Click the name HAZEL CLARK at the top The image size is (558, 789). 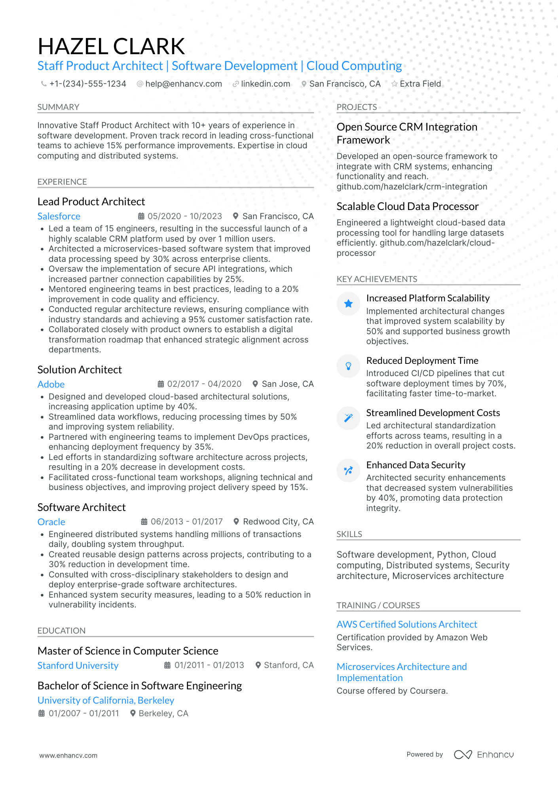tap(111, 46)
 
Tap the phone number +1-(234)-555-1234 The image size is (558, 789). tap(87, 84)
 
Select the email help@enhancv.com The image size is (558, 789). tap(183, 84)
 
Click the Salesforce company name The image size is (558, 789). tap(59, 216)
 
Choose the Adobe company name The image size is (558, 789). tap(51, 384)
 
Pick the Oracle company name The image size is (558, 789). tap(51, 522)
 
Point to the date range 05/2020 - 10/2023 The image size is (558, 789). tap(184, 216)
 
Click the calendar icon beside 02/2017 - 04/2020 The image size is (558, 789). tap(161, 384)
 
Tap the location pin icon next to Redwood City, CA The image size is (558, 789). tap(236, 522)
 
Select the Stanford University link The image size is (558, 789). tap(78, 666)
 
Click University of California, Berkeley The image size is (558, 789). tap(106, 700)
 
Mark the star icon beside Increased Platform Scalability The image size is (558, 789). tap(348, 304)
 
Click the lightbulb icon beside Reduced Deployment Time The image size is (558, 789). tap(348, 366)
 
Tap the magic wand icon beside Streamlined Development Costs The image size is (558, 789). tap(348, 418)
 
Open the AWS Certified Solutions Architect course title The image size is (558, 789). tap(407, 624)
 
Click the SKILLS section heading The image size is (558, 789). tap(349, 534)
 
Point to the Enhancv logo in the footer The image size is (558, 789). tap(484, 755)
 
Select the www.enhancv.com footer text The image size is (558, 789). tap(68, 755)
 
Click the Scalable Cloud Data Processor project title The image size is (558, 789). tap(408, 206)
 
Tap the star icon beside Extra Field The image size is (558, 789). tap(395, 84)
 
